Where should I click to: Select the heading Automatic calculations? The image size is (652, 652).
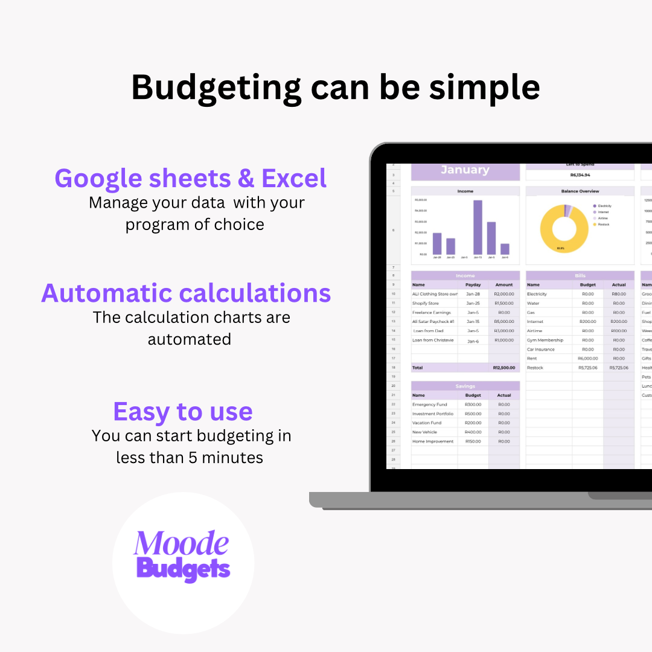[186, 293]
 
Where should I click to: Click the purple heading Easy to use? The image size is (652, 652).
[183, 412]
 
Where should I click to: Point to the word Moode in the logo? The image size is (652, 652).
[181, 543]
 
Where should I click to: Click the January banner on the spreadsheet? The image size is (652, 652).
[465, 170]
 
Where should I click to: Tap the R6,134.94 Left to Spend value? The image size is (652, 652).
[580, 175]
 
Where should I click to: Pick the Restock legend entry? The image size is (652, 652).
[603, 225]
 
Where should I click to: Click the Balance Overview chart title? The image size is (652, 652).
[580, 191]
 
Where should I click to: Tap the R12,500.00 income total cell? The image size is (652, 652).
[503, 368]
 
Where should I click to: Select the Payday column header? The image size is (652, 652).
[473, 285]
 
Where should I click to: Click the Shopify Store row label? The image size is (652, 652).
[426, 303]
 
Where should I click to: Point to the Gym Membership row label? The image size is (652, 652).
[545, 340]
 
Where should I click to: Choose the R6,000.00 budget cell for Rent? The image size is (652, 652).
[587, 359]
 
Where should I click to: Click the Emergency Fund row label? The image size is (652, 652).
[429, 404]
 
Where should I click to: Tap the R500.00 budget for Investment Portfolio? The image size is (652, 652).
[473, 414]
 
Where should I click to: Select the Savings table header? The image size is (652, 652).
[465, 386]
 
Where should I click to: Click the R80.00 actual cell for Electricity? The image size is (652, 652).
[619, 294]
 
